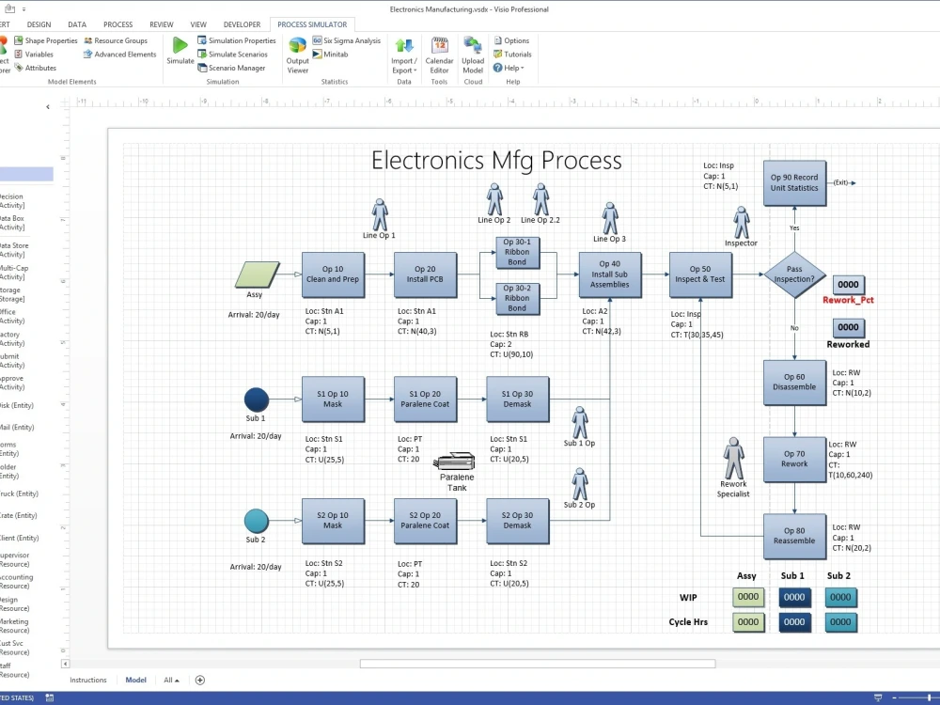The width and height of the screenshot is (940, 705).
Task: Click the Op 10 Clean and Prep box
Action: (x=333, y=274)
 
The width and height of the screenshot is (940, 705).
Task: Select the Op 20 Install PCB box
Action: (x=425, y=274)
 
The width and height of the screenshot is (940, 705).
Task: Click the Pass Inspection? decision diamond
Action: (x=794, y=274)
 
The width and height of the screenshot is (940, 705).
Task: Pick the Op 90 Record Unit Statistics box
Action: (x=794, y=182)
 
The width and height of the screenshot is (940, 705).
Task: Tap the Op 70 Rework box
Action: (x=794, y=459)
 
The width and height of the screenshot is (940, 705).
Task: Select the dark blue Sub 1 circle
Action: (x=256, y=399)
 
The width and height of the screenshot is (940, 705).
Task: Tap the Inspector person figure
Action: (x=741, y=223)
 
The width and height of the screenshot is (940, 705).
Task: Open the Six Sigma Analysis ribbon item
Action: (x=347, y=40)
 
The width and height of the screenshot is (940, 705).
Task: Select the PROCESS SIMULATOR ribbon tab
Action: (x=312, y=24)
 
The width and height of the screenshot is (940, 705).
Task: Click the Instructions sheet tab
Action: (x=88, y=680)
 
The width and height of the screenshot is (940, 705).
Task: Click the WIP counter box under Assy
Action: (x=747, y=597)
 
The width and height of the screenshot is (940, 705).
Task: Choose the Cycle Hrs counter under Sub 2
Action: (x=839, y=621)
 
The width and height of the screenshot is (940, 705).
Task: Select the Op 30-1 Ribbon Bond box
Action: (x=517, y=251)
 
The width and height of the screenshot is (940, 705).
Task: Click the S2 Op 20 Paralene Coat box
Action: (x=425, y=521)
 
